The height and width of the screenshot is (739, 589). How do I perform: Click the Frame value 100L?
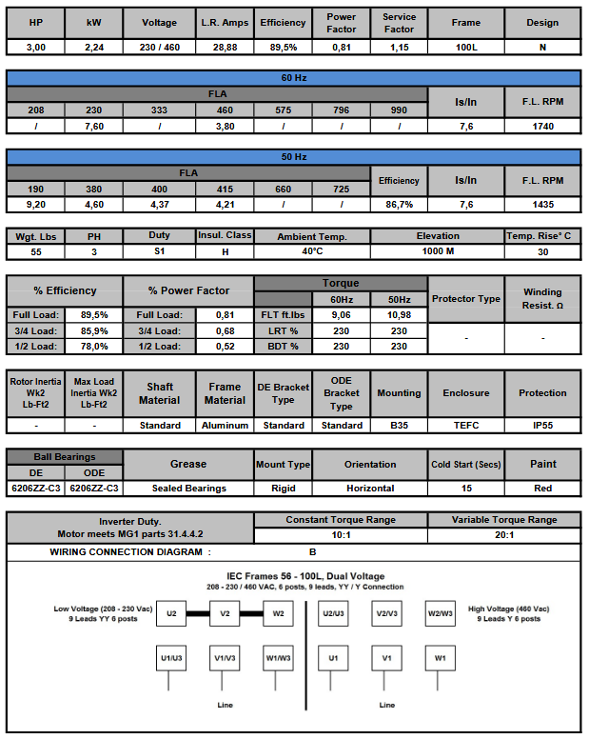(465, 46)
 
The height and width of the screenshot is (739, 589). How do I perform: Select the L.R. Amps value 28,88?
(226, 46)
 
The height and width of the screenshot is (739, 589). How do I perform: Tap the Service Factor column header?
(399, 22)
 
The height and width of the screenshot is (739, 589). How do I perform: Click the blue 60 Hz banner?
(294, 78)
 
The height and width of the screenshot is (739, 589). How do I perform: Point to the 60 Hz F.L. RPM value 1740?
(543, 125)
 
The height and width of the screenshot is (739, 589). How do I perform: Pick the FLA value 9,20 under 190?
(35, 204)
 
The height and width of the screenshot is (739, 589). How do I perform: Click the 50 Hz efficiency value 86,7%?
(399, 204)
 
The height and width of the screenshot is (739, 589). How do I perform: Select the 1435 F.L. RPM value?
(543, 204)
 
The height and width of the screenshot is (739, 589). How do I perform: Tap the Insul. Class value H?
(225, 251)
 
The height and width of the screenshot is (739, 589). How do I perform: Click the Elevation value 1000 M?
(437, 251)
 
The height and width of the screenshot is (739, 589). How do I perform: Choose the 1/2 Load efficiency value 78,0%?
(94, 346)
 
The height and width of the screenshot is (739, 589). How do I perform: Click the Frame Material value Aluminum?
(225, 425)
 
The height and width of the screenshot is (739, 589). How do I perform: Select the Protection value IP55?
(542, 425)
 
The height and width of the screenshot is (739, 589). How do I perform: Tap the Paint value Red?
(542, 488)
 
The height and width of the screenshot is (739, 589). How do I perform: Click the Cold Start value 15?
(465, 488)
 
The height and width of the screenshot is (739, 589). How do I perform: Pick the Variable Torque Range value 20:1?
(504, 534)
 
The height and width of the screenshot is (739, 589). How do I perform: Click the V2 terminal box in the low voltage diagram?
(225, 614)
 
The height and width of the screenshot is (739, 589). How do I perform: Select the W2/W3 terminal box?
(440, 614)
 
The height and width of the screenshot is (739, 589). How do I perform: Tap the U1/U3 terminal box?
(171, 658)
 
